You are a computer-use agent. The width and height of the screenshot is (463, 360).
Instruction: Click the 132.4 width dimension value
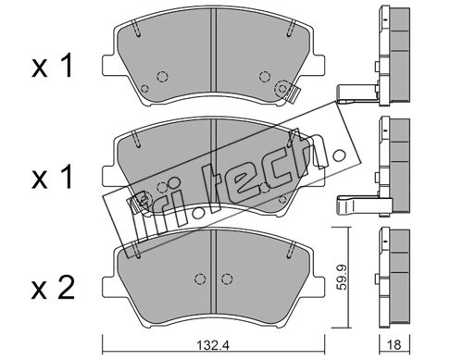tap(213, 345)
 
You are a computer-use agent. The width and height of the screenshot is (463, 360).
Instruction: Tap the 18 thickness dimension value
tap(394, 344)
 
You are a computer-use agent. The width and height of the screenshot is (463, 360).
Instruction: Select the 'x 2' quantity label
tap(53, 288)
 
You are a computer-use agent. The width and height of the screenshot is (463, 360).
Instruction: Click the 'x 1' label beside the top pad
tap(52, 66)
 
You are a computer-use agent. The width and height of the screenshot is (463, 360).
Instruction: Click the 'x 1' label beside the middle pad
tap(52, 177)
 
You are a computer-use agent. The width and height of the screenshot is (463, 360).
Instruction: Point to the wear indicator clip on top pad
tap(292, 94)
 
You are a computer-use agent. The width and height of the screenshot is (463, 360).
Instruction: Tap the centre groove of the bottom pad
tap(213, 272)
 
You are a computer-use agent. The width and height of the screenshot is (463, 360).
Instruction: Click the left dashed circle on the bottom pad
tap(200, 279)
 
